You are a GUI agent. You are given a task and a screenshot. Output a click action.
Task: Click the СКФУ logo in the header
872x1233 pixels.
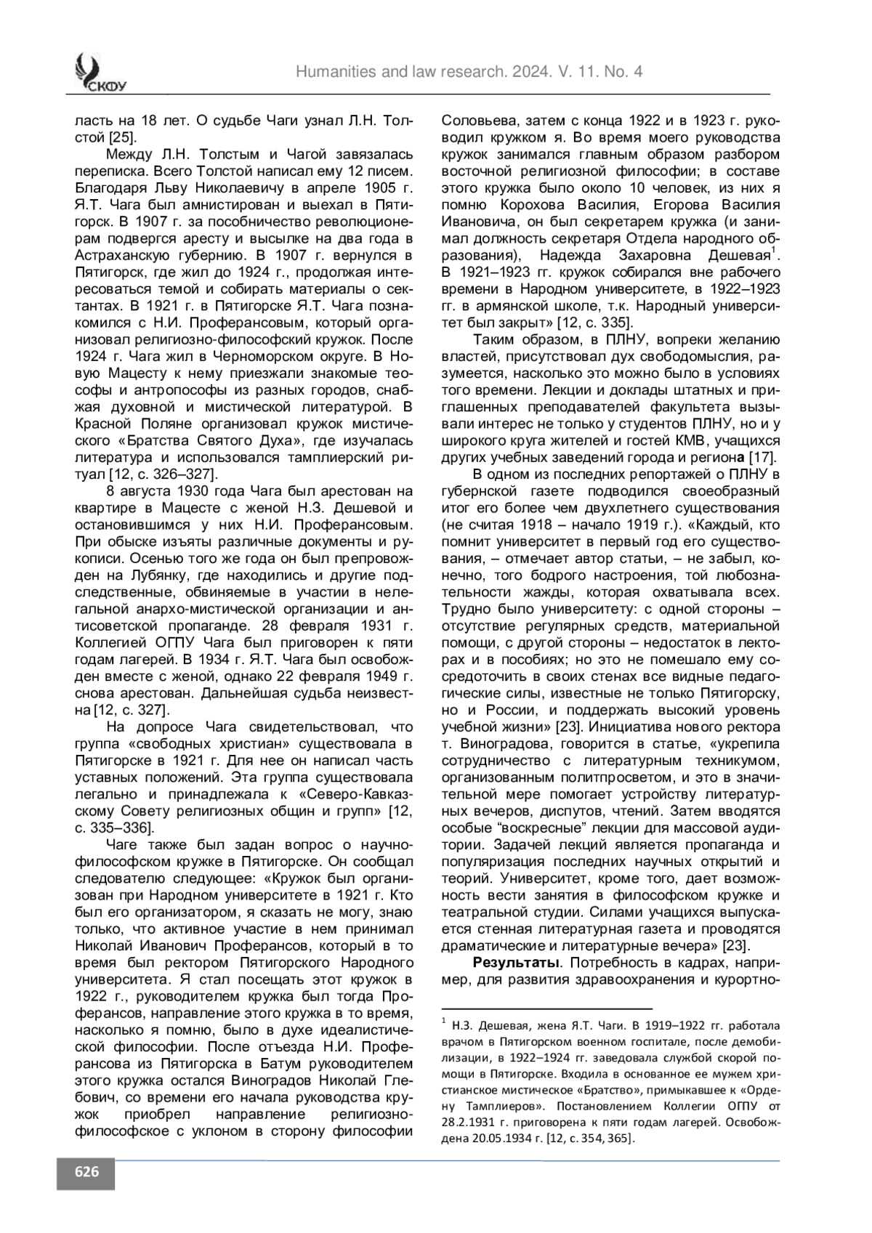coord(99,73)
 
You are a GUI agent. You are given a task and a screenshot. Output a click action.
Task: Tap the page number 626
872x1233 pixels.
coord(86,1172)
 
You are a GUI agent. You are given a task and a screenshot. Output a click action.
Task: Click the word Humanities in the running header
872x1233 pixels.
coord(332,71)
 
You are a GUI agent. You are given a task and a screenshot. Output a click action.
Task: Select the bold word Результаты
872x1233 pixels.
coord(516,963)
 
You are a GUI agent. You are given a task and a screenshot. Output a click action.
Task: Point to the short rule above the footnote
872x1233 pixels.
coord(547,1008)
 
